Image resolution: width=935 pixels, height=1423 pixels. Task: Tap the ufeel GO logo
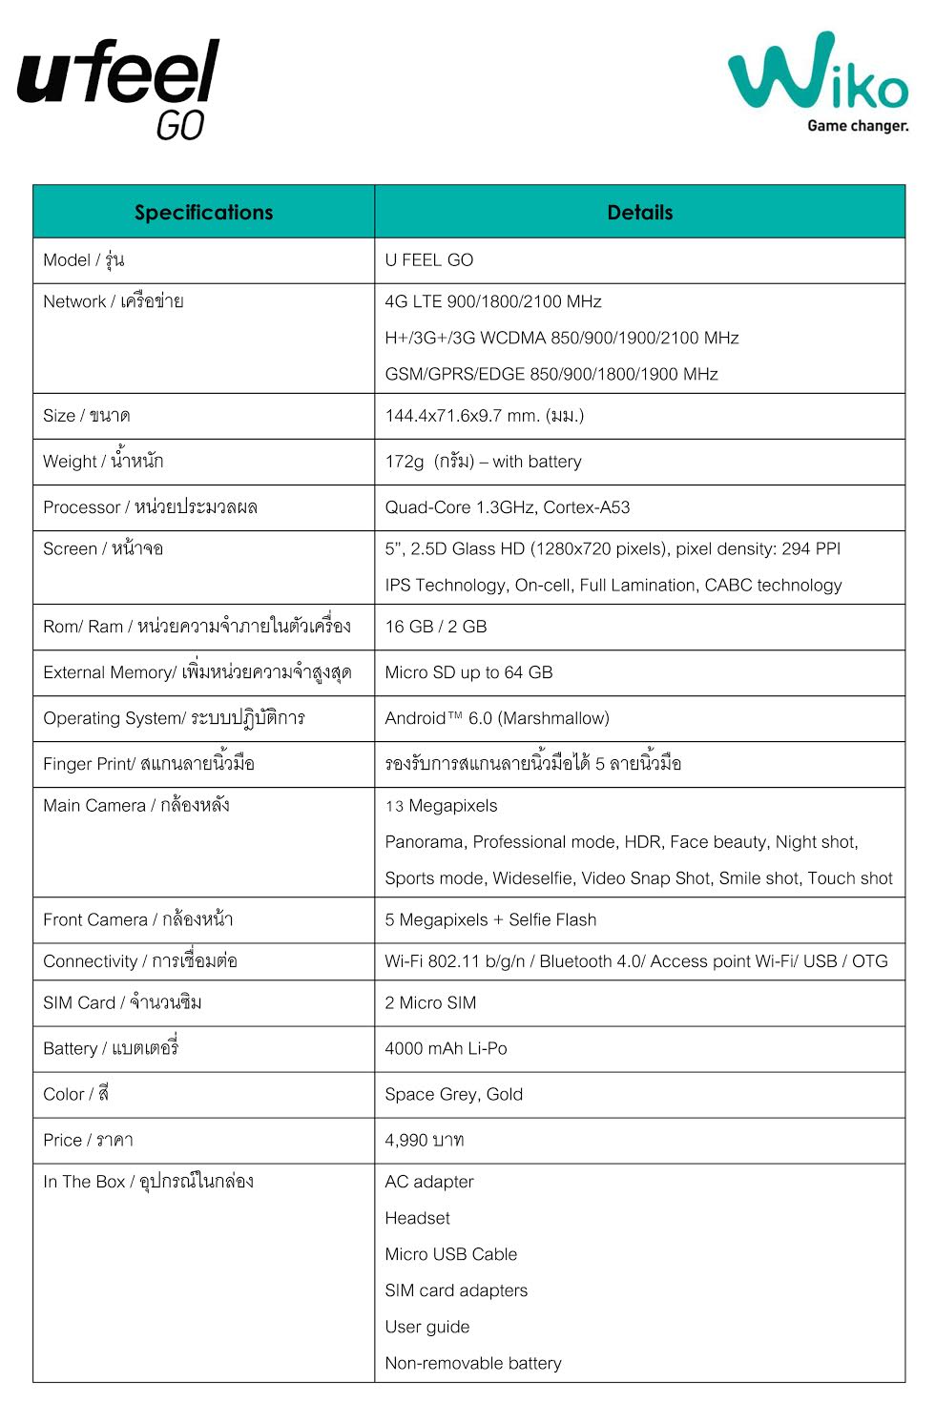coord(119,88)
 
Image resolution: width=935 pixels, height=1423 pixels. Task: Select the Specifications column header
coord(203,212)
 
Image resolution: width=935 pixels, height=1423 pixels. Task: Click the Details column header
coord(639,212)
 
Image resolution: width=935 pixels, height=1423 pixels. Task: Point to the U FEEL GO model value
coord(428,260)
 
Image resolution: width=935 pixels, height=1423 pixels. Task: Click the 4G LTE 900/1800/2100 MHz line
coord(492,301)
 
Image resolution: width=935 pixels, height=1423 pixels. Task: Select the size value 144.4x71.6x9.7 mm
coord(484,416)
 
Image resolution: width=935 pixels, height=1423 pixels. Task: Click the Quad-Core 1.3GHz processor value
coord(507,507)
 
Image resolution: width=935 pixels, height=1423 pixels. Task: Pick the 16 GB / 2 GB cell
coord(435,627)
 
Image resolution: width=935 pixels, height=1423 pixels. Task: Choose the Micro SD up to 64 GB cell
coord(468,672)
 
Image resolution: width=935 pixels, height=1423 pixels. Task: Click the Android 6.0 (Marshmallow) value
coord(496,718)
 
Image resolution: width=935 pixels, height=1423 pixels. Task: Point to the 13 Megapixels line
coord(441,806)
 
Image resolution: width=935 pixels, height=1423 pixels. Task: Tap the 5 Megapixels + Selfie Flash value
coord(490,920)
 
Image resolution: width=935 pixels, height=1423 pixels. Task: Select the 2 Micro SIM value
coord(430,1003)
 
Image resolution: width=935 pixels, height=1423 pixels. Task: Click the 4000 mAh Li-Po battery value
coord(446,1049)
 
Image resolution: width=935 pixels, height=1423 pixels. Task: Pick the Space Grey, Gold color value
coord(453,1095)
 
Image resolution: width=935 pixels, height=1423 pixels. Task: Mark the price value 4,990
coord(424,1141)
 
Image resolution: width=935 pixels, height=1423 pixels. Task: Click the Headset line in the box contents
coord(417,1219)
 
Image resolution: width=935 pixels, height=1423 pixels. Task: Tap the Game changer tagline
coord(857,126)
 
